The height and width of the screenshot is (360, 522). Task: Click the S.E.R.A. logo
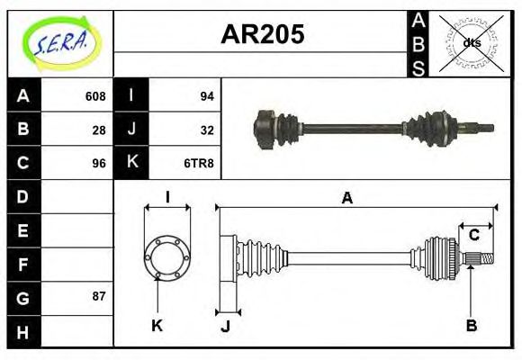[59, 43]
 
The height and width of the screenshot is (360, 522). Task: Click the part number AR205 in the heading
[262, 35]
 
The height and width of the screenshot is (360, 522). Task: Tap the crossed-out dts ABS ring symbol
[471, 42]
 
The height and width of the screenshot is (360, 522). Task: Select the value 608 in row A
[95, 96]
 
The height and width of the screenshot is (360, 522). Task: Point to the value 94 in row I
[206, 96]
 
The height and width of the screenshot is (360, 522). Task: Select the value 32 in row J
[206, 130]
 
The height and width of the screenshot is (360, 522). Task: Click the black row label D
[23, 196]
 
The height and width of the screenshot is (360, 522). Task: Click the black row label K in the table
[131, 163]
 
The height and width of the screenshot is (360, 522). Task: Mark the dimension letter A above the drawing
[346, 198]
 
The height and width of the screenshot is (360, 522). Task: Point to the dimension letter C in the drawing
[473, 236]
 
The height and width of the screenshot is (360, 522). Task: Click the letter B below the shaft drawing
[471, 325]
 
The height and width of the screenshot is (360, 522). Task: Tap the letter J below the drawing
[225, 326]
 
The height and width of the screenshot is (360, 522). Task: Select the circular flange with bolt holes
[167, 256]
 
